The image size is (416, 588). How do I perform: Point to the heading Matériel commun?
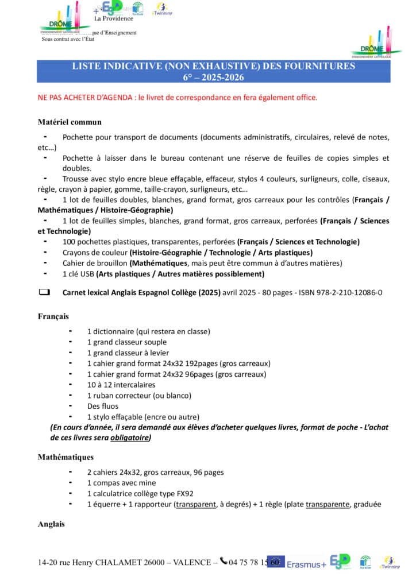[70, 122]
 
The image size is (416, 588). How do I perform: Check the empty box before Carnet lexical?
[44, 292]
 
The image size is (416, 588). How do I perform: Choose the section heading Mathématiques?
[66, 457]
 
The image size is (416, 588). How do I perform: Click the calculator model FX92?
[184, 493]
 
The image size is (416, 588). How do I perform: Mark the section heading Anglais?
[51, 524]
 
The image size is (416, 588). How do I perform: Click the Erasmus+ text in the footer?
[306, 564]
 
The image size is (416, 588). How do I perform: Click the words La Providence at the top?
[114, 18]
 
